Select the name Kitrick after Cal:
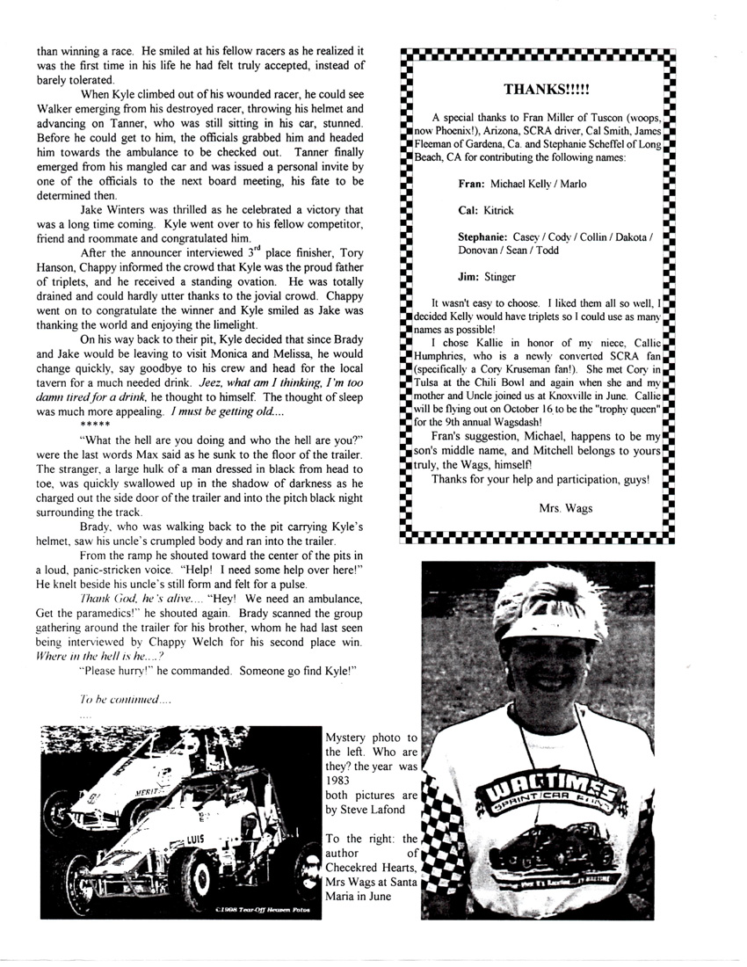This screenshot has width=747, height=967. [x=499, y=212]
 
